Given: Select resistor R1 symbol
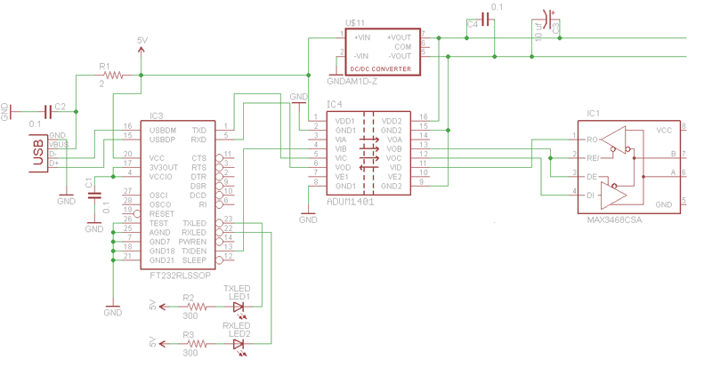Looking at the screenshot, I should (116, 75).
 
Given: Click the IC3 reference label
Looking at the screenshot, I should (157, 116).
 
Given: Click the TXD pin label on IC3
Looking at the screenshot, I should (199, 130).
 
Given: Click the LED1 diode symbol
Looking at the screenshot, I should (238, 307).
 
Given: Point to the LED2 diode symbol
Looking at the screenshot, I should (238, 343).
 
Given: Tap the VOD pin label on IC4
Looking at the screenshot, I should (342, 167).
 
